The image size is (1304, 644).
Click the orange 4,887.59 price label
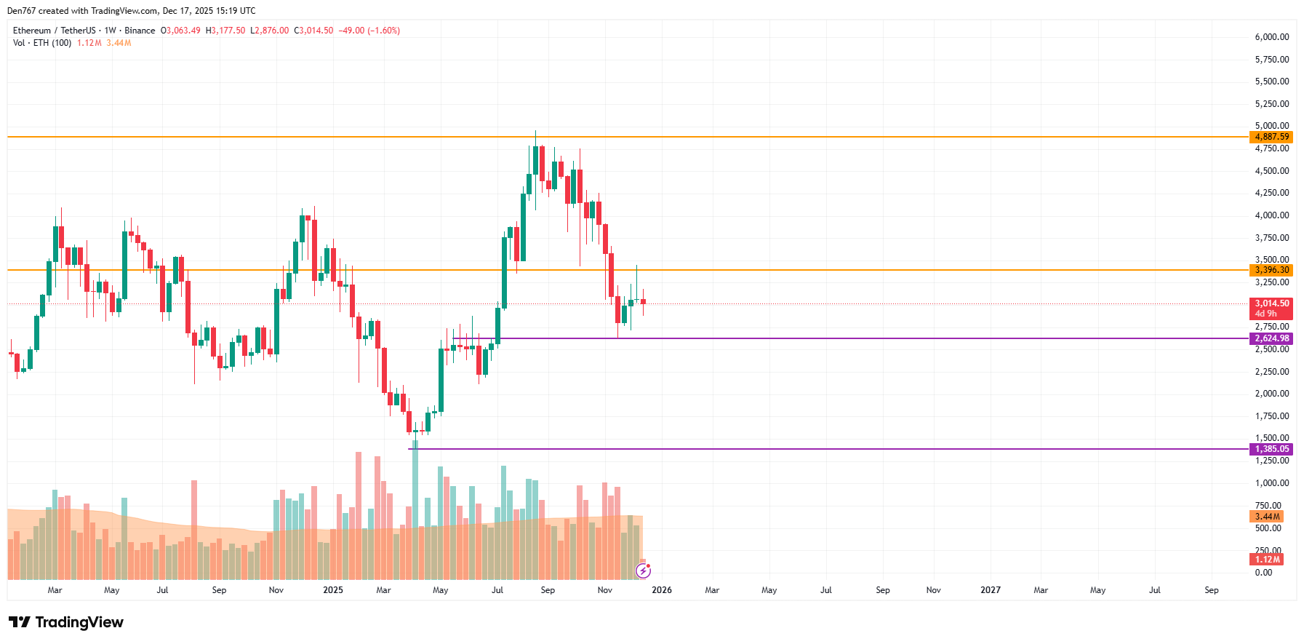(x=1271, y=137)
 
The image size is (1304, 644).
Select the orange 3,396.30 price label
(x=1271, y=270)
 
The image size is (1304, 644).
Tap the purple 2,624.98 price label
(x=1271, y=338)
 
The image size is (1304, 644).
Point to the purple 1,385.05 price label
(x=1271, y=449)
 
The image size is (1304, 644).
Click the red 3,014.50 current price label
(x=1271, y=304)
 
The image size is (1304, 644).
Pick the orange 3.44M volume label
(x=1267, y=517)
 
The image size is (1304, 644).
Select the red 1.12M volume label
(x=1267, y=560)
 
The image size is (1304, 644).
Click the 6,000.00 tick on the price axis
(x=1271, y=37)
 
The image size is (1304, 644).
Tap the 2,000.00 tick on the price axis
(x=1271, y=394)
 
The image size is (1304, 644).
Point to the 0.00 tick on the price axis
(x=1263, y=573)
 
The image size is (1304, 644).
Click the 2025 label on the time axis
(x=333, y=590)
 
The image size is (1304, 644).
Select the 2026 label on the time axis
(x=662, y=590)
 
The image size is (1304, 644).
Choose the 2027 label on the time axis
(x=991, y=590)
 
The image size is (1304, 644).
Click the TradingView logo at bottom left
(x=66, y=622)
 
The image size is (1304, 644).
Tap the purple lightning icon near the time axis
(x=643, y=571)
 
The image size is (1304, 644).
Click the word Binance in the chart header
(x=140, y=31)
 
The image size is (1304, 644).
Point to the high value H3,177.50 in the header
(x=225, y=31)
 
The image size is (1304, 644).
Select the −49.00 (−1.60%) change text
(x=369, y=31)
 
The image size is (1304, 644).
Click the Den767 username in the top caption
(x=20, y=11)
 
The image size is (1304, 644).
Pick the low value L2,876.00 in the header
(x=269, y=31)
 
